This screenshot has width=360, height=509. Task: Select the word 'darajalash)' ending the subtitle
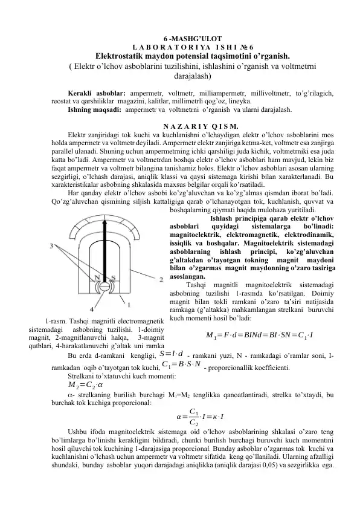click(x=179, y=77)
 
